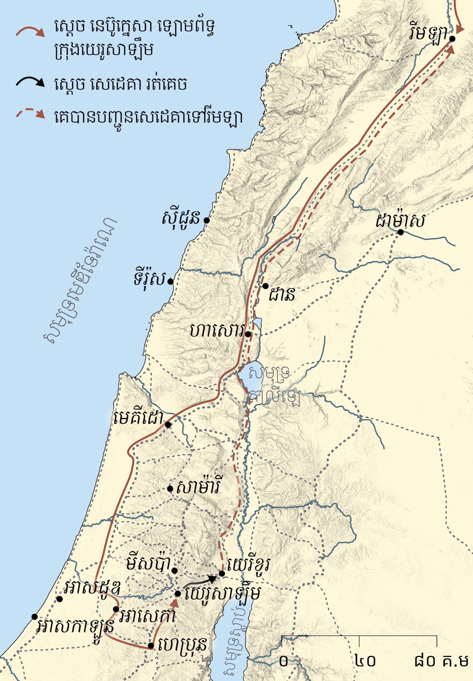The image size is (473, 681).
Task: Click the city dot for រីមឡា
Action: point(452,39)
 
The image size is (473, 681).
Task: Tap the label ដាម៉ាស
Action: point(400,222)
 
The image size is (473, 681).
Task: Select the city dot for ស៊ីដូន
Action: point(207,220)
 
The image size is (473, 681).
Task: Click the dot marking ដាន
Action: point(266,286)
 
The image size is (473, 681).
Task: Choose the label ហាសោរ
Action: point(217,331)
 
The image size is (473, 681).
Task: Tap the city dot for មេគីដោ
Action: point(168,425)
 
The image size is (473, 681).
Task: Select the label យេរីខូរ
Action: point(249,565)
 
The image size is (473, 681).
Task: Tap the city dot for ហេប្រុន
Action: point(151,646)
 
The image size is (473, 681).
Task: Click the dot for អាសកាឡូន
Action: point(34,617)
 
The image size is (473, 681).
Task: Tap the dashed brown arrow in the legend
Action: point(30,113)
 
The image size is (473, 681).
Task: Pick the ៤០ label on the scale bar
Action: point(365,661)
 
